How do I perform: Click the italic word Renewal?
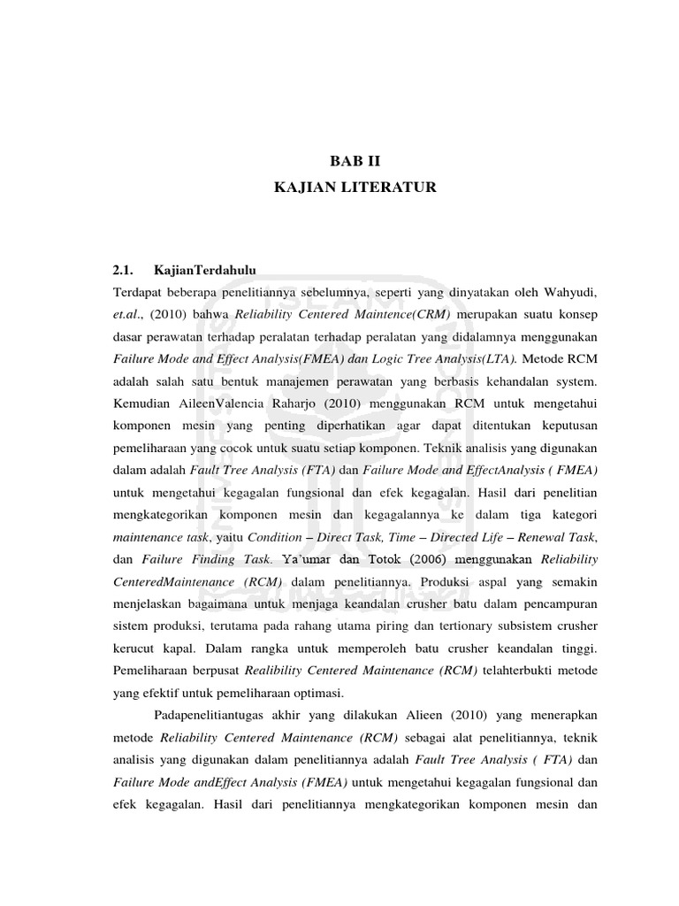pos(538,536)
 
